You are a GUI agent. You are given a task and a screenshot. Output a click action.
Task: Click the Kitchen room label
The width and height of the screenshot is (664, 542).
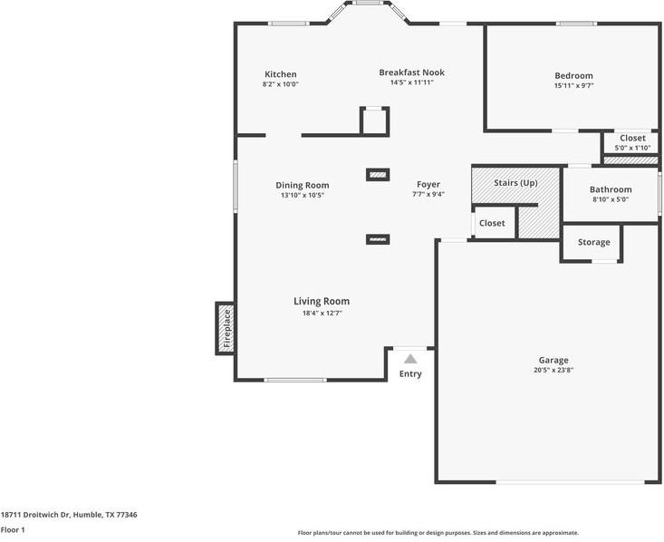[280, 74]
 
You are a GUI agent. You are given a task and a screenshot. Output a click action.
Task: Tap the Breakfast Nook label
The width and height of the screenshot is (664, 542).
[411, 73]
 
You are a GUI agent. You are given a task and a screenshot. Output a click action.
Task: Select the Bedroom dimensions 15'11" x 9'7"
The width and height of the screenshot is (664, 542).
[573, 86]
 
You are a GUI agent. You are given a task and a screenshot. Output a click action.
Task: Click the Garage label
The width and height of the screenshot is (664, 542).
[553, 360]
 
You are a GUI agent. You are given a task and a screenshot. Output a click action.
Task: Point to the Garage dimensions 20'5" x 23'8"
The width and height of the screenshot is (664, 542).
[553, 370]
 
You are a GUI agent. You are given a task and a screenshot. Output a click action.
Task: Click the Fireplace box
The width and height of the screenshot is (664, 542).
[226, 328]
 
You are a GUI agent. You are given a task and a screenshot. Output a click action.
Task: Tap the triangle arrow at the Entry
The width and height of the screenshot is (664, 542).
[410, 359]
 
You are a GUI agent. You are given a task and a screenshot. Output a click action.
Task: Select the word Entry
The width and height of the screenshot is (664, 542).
[410, 373]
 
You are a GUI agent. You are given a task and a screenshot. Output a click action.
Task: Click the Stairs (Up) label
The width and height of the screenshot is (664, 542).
[515, 182]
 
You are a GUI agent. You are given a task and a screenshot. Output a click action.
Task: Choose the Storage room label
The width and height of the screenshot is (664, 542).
[593, 242]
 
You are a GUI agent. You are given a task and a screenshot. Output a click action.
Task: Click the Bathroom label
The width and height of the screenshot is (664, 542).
[611, 189]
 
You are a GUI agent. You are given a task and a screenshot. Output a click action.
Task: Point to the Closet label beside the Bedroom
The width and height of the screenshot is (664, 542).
[632, 138]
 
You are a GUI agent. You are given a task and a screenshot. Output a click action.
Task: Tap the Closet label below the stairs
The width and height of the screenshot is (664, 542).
[492, 223]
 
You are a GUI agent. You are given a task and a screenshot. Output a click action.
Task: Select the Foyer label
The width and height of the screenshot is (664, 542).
[428, 184]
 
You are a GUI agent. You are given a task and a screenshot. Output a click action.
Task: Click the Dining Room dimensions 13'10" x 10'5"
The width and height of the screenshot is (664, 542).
[303, 195]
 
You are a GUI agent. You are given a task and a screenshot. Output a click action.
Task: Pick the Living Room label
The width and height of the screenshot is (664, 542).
[321, 301]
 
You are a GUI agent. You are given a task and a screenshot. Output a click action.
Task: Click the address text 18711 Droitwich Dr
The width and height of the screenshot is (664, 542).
[36, 514]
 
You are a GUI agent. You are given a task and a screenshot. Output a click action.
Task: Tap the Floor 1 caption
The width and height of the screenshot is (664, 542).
[13, 529]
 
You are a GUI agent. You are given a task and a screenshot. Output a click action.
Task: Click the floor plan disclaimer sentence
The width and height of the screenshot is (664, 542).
[438, 533]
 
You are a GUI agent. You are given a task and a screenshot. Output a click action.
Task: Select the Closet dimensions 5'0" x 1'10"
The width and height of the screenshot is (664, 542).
[632, 148]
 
